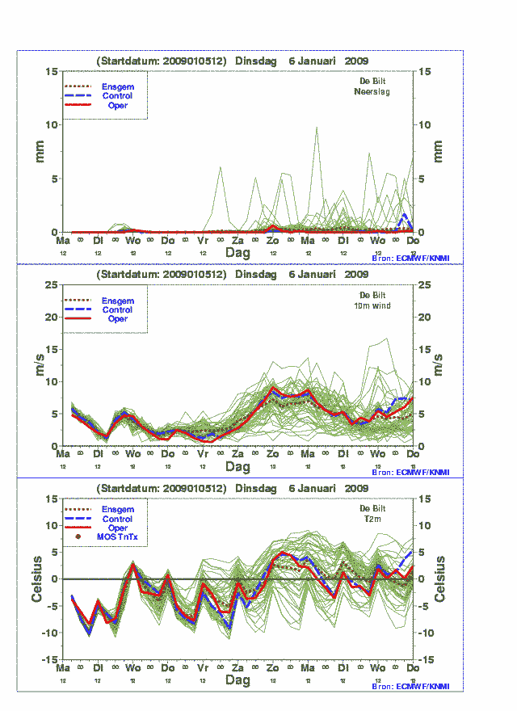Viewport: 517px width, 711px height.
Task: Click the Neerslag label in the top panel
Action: [x=372, y=91]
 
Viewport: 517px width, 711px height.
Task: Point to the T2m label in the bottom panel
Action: [x=372, y=519]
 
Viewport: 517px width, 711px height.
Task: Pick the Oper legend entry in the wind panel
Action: [x=117, y=319]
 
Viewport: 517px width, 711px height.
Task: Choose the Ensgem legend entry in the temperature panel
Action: [x=117, y=510]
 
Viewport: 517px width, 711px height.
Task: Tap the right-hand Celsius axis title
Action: [x=440, y=578]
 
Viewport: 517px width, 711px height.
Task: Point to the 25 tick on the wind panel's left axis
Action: [x=50, y=284]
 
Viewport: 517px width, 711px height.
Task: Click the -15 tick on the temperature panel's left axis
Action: [x=49, y=659]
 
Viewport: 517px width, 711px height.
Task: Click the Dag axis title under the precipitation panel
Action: [x=237, y=253]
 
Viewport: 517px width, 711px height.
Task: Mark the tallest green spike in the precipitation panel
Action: [x=317, y=127]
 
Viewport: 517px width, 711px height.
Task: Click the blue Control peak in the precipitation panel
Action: [x=404, y=215]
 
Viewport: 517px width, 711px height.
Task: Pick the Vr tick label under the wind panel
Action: [x=203, y=455]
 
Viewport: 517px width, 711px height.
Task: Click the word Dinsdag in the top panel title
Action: [x=257, y=61]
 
